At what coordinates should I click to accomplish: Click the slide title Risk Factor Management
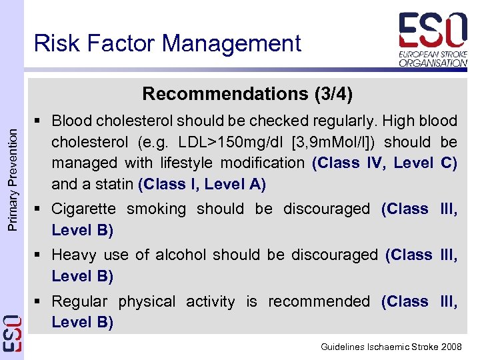[x=167, y=43]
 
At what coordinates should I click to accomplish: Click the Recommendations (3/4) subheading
[x=247, y=93]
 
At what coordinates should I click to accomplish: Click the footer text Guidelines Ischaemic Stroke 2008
[x=391, y=347]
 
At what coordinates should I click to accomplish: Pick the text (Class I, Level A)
[x=202, y=183]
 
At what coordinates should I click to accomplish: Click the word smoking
[x=157, y=209]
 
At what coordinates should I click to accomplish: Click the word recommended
[x=319, y=301]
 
